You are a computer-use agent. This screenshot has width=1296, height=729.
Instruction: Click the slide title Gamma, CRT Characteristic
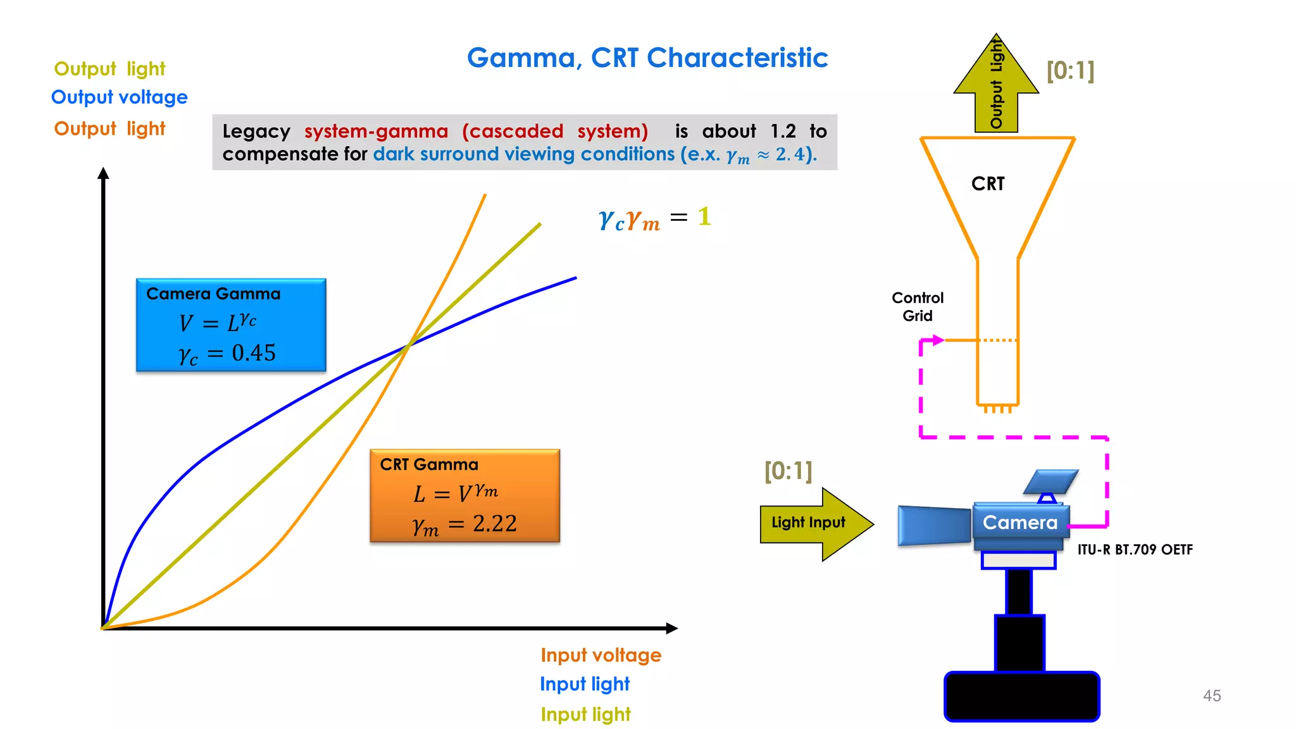click(x=647, y=58)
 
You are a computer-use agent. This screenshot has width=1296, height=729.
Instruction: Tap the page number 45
click(x=1211, y=695)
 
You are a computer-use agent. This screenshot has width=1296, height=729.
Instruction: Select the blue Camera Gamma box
click(x=231, y=325)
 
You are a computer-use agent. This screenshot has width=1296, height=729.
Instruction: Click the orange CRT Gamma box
click(x=464, y=495)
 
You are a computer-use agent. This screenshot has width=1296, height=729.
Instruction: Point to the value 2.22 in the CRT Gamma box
click(x=494, y=523)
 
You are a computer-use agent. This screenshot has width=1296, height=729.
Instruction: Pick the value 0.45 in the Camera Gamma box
click(x=253, y=352)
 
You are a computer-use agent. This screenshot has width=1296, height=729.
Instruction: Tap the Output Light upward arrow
click(x=996, y=85)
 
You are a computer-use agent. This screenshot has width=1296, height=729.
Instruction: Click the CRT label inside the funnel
click(x=987, y=184)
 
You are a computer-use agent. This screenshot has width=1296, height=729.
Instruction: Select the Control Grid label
click(x=917, y=306)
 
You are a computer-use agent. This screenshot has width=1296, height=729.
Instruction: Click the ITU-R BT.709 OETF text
click(x=1135, y=549)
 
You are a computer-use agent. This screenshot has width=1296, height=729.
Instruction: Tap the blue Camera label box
click(x=1020, y=522)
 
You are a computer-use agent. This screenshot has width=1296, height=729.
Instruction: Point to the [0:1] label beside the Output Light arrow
click(x=1070, y=70)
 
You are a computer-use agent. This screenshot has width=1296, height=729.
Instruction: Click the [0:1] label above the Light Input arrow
click(x=788, y=470)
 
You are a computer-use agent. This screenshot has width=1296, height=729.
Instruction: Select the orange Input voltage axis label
click(x=601, y=655)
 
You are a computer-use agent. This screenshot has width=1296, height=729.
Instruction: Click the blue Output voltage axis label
click(x=119, y=97)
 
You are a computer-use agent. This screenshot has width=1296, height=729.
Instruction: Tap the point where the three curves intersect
click(x=409, y=344)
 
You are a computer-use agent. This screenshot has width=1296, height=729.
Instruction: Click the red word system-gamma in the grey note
click(x=376, y=131)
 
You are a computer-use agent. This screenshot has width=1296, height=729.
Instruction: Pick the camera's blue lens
click(x=934, y=525)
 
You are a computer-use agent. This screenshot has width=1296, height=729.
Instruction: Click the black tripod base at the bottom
click(x=1021, y=696)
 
